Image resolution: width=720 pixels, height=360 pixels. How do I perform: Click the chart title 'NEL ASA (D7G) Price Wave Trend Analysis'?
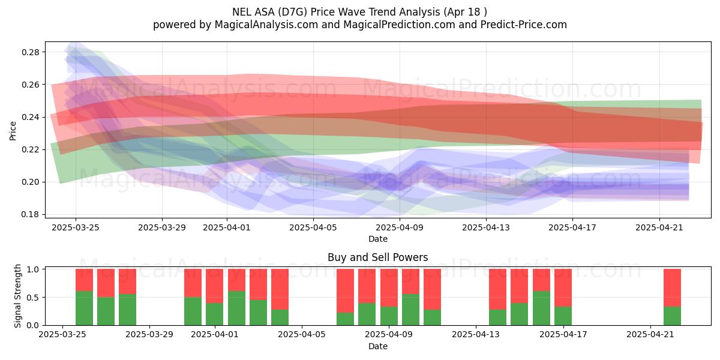click(336, 12)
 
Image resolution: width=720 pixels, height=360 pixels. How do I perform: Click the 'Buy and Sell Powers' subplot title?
click(377, 257)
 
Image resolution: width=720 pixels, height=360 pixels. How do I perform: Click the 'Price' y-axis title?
click(13, 131)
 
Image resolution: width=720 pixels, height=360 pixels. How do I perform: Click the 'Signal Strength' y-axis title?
click(17, 296)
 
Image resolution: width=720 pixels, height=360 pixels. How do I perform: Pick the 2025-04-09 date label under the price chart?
click(400, 227)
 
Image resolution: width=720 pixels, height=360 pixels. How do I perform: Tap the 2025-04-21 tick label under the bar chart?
click(650, 335)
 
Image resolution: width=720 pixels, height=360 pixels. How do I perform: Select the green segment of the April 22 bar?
click(672, 316)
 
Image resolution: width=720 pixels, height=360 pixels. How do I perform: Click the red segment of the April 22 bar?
click(672, 287)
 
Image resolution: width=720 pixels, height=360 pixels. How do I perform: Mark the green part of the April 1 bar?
click(214, 314)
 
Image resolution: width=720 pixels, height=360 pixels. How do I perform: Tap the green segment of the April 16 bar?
click(541, 308)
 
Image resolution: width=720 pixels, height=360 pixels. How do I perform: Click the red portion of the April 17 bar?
click(563, 287)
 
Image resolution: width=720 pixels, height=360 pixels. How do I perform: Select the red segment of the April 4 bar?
click(280, 289)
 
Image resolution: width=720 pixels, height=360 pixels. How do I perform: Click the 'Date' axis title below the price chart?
click(377, 239)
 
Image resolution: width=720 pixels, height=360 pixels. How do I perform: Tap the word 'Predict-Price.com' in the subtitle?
click(524, 25)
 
